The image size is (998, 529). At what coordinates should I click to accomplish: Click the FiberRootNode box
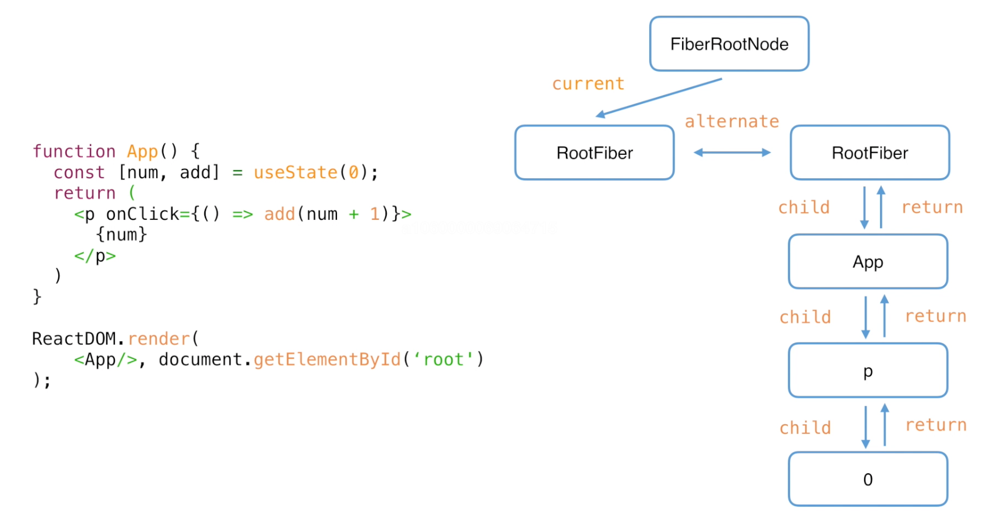pyautogui.click(x=729, y=43)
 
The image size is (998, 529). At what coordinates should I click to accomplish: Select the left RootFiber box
pyautogui.click(x=594, y=152)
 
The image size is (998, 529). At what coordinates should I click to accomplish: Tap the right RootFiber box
pyautogui.click(x=869, y=152)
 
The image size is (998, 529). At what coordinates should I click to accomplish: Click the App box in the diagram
pyautogui.click(x=868, y=262)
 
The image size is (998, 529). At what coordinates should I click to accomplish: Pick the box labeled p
pyautogui.click(x=868, y=370)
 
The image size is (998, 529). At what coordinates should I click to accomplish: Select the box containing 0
pyautogui.click(x=868, y=479)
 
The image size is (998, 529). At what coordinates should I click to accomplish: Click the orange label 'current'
pyautogui.click(x=588, y=84)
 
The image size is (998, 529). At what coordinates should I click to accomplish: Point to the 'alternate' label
pyautogui.click(x=731, y=121)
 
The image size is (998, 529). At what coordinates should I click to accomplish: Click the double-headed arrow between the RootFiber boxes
pyautogui.click(x=732, y=152)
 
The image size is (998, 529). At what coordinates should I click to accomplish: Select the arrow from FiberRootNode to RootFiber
pyautogui.click(x=659, y=98)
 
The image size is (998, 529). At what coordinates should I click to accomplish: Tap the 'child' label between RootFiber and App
pyautogui.click(x=804, y=208)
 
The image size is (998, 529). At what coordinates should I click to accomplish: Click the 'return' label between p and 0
pyautogui.click(x=936, y=425)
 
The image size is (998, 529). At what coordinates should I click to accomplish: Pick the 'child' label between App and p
pyautogui.click(x=805, y=317)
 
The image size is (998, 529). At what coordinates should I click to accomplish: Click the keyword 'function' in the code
pyautogui.click(x=74, y=151)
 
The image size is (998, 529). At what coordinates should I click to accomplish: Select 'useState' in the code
pyautogui.click(x=295, y=172)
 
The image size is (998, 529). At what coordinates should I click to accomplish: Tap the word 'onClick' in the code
pyautogui.click(x=143, y=214)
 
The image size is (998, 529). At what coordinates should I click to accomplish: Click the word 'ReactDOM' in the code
pyautogui.click(x=74, y=338)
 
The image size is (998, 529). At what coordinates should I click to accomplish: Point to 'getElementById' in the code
pyautogui.click(x=327, y=360)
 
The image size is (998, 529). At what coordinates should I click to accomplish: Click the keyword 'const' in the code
pyautogui.click(x=79, y=172)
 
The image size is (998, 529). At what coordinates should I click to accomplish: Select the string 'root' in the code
pyautogui.click(x=443, y=360)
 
